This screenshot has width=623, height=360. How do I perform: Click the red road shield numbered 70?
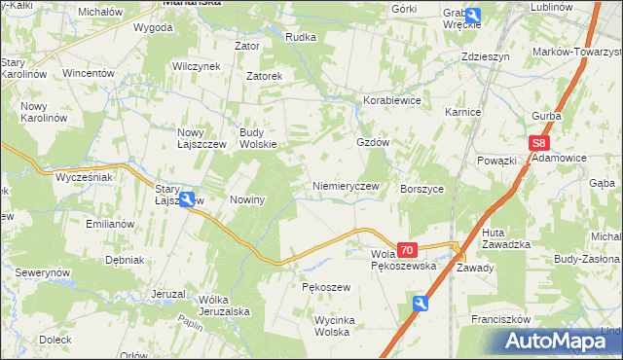pyautogui.click(x=407, y=250)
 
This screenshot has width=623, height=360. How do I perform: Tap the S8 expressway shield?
pyautogui.click(x=541, y=143)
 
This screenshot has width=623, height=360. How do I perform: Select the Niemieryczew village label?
pyautogui.click(x=345, y=186)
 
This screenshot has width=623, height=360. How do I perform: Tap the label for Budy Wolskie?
pyautogui.click(x=259, y=138)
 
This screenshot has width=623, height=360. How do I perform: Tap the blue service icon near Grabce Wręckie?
pyautogui.click(x=473, y=15)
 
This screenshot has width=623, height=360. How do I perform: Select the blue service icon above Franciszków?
pyautogui.click(x=420, y=305)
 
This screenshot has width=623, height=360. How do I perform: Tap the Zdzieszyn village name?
pyautogui.click(x=486, y=57)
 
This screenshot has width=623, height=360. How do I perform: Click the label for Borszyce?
pyautogui.click(x=421, y=189)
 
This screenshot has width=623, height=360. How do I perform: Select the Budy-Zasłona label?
pyautogui.click(x=586, y=260)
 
